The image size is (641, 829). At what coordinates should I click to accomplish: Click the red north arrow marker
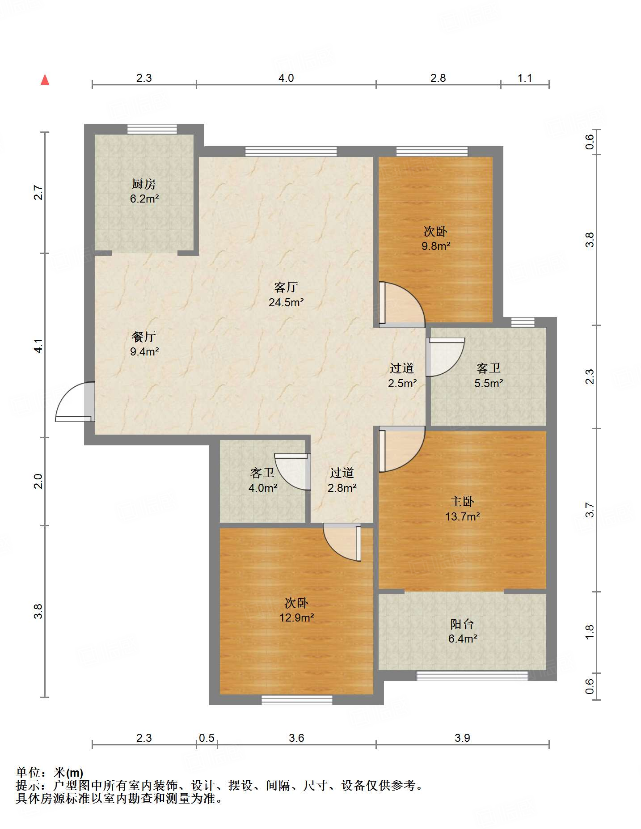tap(45, 80)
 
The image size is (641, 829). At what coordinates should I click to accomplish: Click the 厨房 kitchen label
tap(144, 184)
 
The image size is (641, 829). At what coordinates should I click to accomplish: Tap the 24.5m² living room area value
tap(286, 302)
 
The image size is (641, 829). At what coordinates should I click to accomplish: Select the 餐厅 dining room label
tap(144, 337)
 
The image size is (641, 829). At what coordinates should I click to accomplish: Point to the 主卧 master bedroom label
tap(462, 502)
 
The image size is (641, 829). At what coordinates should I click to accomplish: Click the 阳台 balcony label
tap(462, 624)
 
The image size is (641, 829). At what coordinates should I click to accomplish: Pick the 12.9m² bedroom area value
tap(296, 618)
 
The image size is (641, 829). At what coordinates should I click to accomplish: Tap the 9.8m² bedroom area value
tap(436, 246)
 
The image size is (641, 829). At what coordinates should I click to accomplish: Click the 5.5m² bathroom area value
tap(489, 383)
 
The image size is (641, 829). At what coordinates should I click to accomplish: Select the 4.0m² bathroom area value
tap(263, 488)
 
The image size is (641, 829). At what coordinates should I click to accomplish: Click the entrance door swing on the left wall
tap(75, 402)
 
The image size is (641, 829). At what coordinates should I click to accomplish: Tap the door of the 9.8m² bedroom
tap(401, 304)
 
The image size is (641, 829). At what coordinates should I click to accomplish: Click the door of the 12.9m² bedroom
tap(342, 542)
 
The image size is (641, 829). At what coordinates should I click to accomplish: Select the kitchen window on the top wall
tap(152, 129)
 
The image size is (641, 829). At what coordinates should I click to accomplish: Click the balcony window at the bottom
tap(472, 676)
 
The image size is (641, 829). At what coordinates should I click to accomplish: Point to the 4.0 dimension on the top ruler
tap(286, 78)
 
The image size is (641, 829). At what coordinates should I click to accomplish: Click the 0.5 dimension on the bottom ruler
tap(207, 738)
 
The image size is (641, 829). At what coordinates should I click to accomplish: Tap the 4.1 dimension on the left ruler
tap(39, 346)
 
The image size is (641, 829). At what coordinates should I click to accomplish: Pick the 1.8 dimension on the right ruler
tap(590, 632)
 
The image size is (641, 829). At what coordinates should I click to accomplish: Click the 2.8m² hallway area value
tap(342, 488)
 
